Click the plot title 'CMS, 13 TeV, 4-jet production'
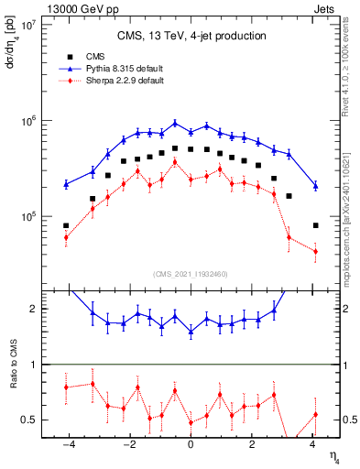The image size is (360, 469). point(191,36)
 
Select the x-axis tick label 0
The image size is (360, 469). point(191,445)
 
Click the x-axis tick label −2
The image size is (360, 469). point(128,445)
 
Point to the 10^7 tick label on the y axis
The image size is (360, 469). point(27,25)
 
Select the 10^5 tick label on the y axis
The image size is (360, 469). point(27,217)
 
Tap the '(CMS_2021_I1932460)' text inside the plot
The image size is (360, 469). point(191,274)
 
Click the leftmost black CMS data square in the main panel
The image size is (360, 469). point(66,225)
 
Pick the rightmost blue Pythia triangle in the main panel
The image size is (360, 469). point(315,185)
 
